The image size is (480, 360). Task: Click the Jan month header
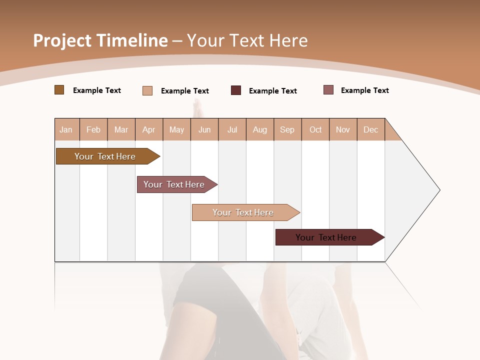(66, 129)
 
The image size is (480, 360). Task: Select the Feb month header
(93, 129)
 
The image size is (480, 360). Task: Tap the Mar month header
(121, 129)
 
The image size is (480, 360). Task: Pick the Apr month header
(149, 129)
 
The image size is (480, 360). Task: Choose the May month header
(176, 129)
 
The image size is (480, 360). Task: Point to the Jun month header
(204, 129)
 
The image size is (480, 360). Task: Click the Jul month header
(232, 129)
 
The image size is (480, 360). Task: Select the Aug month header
(260, 129)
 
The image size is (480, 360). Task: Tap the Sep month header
(287, 129)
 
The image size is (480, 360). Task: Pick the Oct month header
(315, 129)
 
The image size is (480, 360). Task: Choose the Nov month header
(343, 129)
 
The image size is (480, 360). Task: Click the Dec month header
(371, 129)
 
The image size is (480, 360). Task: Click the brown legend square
(59, 90)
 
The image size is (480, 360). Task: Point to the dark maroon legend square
(236, 90)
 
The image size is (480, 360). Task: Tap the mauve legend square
(328, 90)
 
